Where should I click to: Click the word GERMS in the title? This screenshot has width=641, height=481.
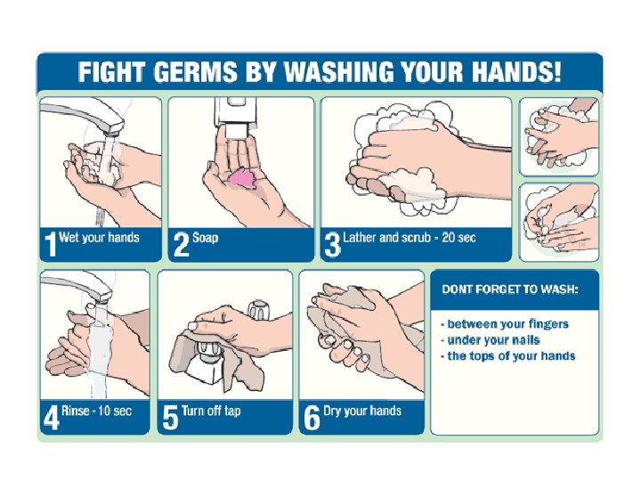[195, 71]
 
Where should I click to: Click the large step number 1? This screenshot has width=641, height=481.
[51, 244]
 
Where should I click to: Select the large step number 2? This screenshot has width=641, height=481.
[181, 244]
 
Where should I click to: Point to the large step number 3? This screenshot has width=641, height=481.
[332, 244]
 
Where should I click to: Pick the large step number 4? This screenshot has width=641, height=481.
[52, 418]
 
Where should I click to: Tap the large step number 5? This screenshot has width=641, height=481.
[170, 418]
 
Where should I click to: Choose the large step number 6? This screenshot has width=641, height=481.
[312, 418]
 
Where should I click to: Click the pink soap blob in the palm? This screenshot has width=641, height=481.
[242, 179]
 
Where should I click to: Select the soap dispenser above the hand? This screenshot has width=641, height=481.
[233, 117]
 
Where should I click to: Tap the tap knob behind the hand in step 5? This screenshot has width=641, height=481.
[259, 310]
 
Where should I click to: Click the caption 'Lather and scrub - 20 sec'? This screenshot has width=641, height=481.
[410, 238]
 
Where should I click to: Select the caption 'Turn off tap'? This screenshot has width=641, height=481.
[211, 411]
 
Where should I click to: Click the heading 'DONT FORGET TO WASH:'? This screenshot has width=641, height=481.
[510, 289]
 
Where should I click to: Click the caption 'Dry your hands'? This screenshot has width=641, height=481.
[362, 411]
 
